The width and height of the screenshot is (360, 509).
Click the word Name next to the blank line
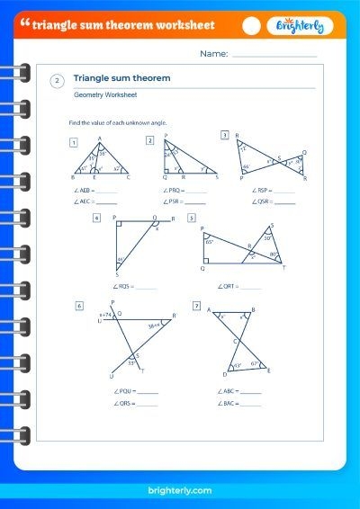tap(213, 54)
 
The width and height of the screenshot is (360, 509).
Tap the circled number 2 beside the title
tap(58, 81)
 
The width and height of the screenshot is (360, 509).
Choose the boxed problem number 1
tap(73, 141)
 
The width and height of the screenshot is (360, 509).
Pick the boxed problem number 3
tap(224, 135)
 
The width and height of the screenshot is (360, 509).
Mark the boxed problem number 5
tap(192, 218)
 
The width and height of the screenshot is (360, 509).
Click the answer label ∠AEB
tap(80, 190)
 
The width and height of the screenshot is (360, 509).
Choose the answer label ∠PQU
tap(124, 391)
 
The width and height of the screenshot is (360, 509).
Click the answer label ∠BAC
tap(227, 403)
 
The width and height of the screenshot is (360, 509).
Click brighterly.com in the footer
tap(179, 490)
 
